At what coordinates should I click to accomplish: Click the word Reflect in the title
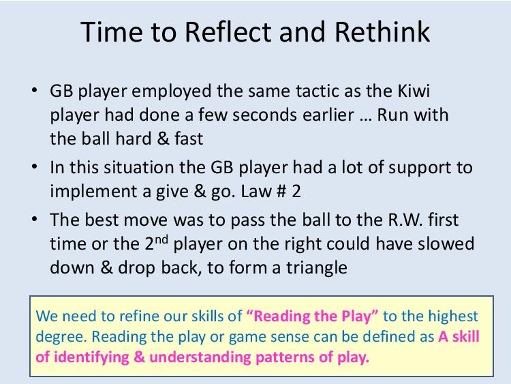[228, 32]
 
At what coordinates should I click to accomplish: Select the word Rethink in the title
[382, 32]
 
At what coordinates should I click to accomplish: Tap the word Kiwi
[414, 91]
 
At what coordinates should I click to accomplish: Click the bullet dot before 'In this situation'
[35, 166]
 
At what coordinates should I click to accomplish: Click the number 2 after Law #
[296, 191]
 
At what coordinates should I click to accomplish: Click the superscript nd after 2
[161, 239]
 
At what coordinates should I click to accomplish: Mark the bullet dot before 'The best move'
[35, 219]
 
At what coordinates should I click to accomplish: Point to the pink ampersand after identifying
[139, 357]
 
